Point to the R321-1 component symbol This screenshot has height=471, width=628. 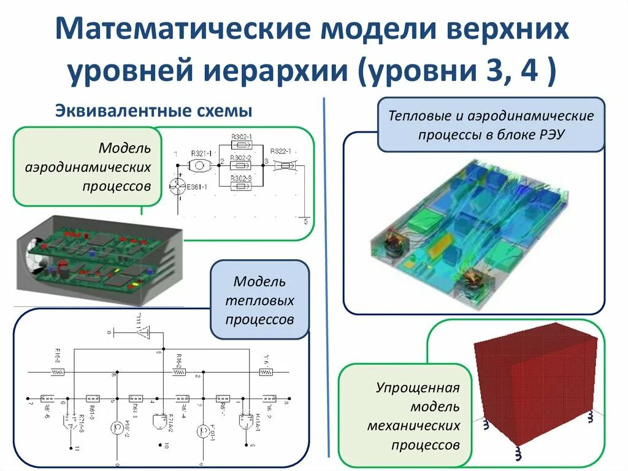pos(199,165)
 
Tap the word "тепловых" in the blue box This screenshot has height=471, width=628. pos(259,301)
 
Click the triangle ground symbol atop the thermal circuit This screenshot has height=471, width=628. pos(145,333)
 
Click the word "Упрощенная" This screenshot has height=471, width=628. pos(418,388)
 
